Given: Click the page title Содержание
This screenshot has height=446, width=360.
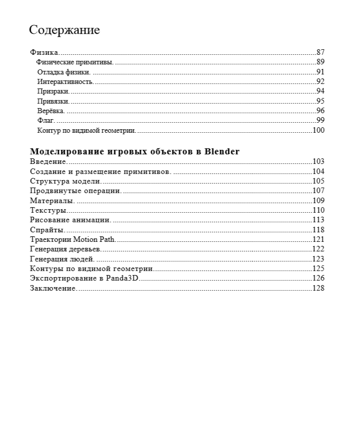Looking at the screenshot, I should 64,30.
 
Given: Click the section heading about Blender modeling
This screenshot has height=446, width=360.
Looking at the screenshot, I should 135,151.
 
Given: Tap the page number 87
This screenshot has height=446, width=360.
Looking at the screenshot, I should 320,52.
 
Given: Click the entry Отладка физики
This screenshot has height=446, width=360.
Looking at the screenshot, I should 63,72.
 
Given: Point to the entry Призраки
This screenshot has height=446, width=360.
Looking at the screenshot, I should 53,92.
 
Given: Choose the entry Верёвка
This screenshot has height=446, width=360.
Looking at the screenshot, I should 50,111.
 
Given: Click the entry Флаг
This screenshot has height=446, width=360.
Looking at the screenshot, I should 46,121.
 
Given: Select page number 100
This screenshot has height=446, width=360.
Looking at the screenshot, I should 318,130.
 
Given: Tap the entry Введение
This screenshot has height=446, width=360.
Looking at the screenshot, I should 48,161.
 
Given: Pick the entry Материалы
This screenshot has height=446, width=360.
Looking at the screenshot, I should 52,201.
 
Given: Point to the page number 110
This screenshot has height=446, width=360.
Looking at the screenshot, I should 318,210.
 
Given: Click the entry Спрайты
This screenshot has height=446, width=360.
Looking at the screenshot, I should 47,230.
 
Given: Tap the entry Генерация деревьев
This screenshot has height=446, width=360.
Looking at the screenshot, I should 66,249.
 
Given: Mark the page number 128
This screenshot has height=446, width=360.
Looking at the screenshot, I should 318,288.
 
